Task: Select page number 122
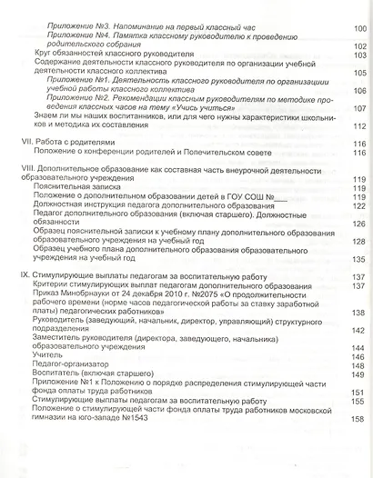358,205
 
